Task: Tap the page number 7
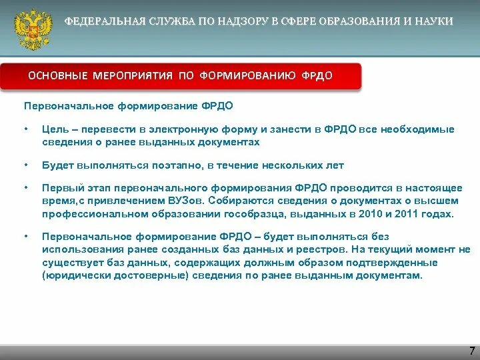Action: click(x=472, y=351)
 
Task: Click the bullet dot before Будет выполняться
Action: click(x=25, y=165)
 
